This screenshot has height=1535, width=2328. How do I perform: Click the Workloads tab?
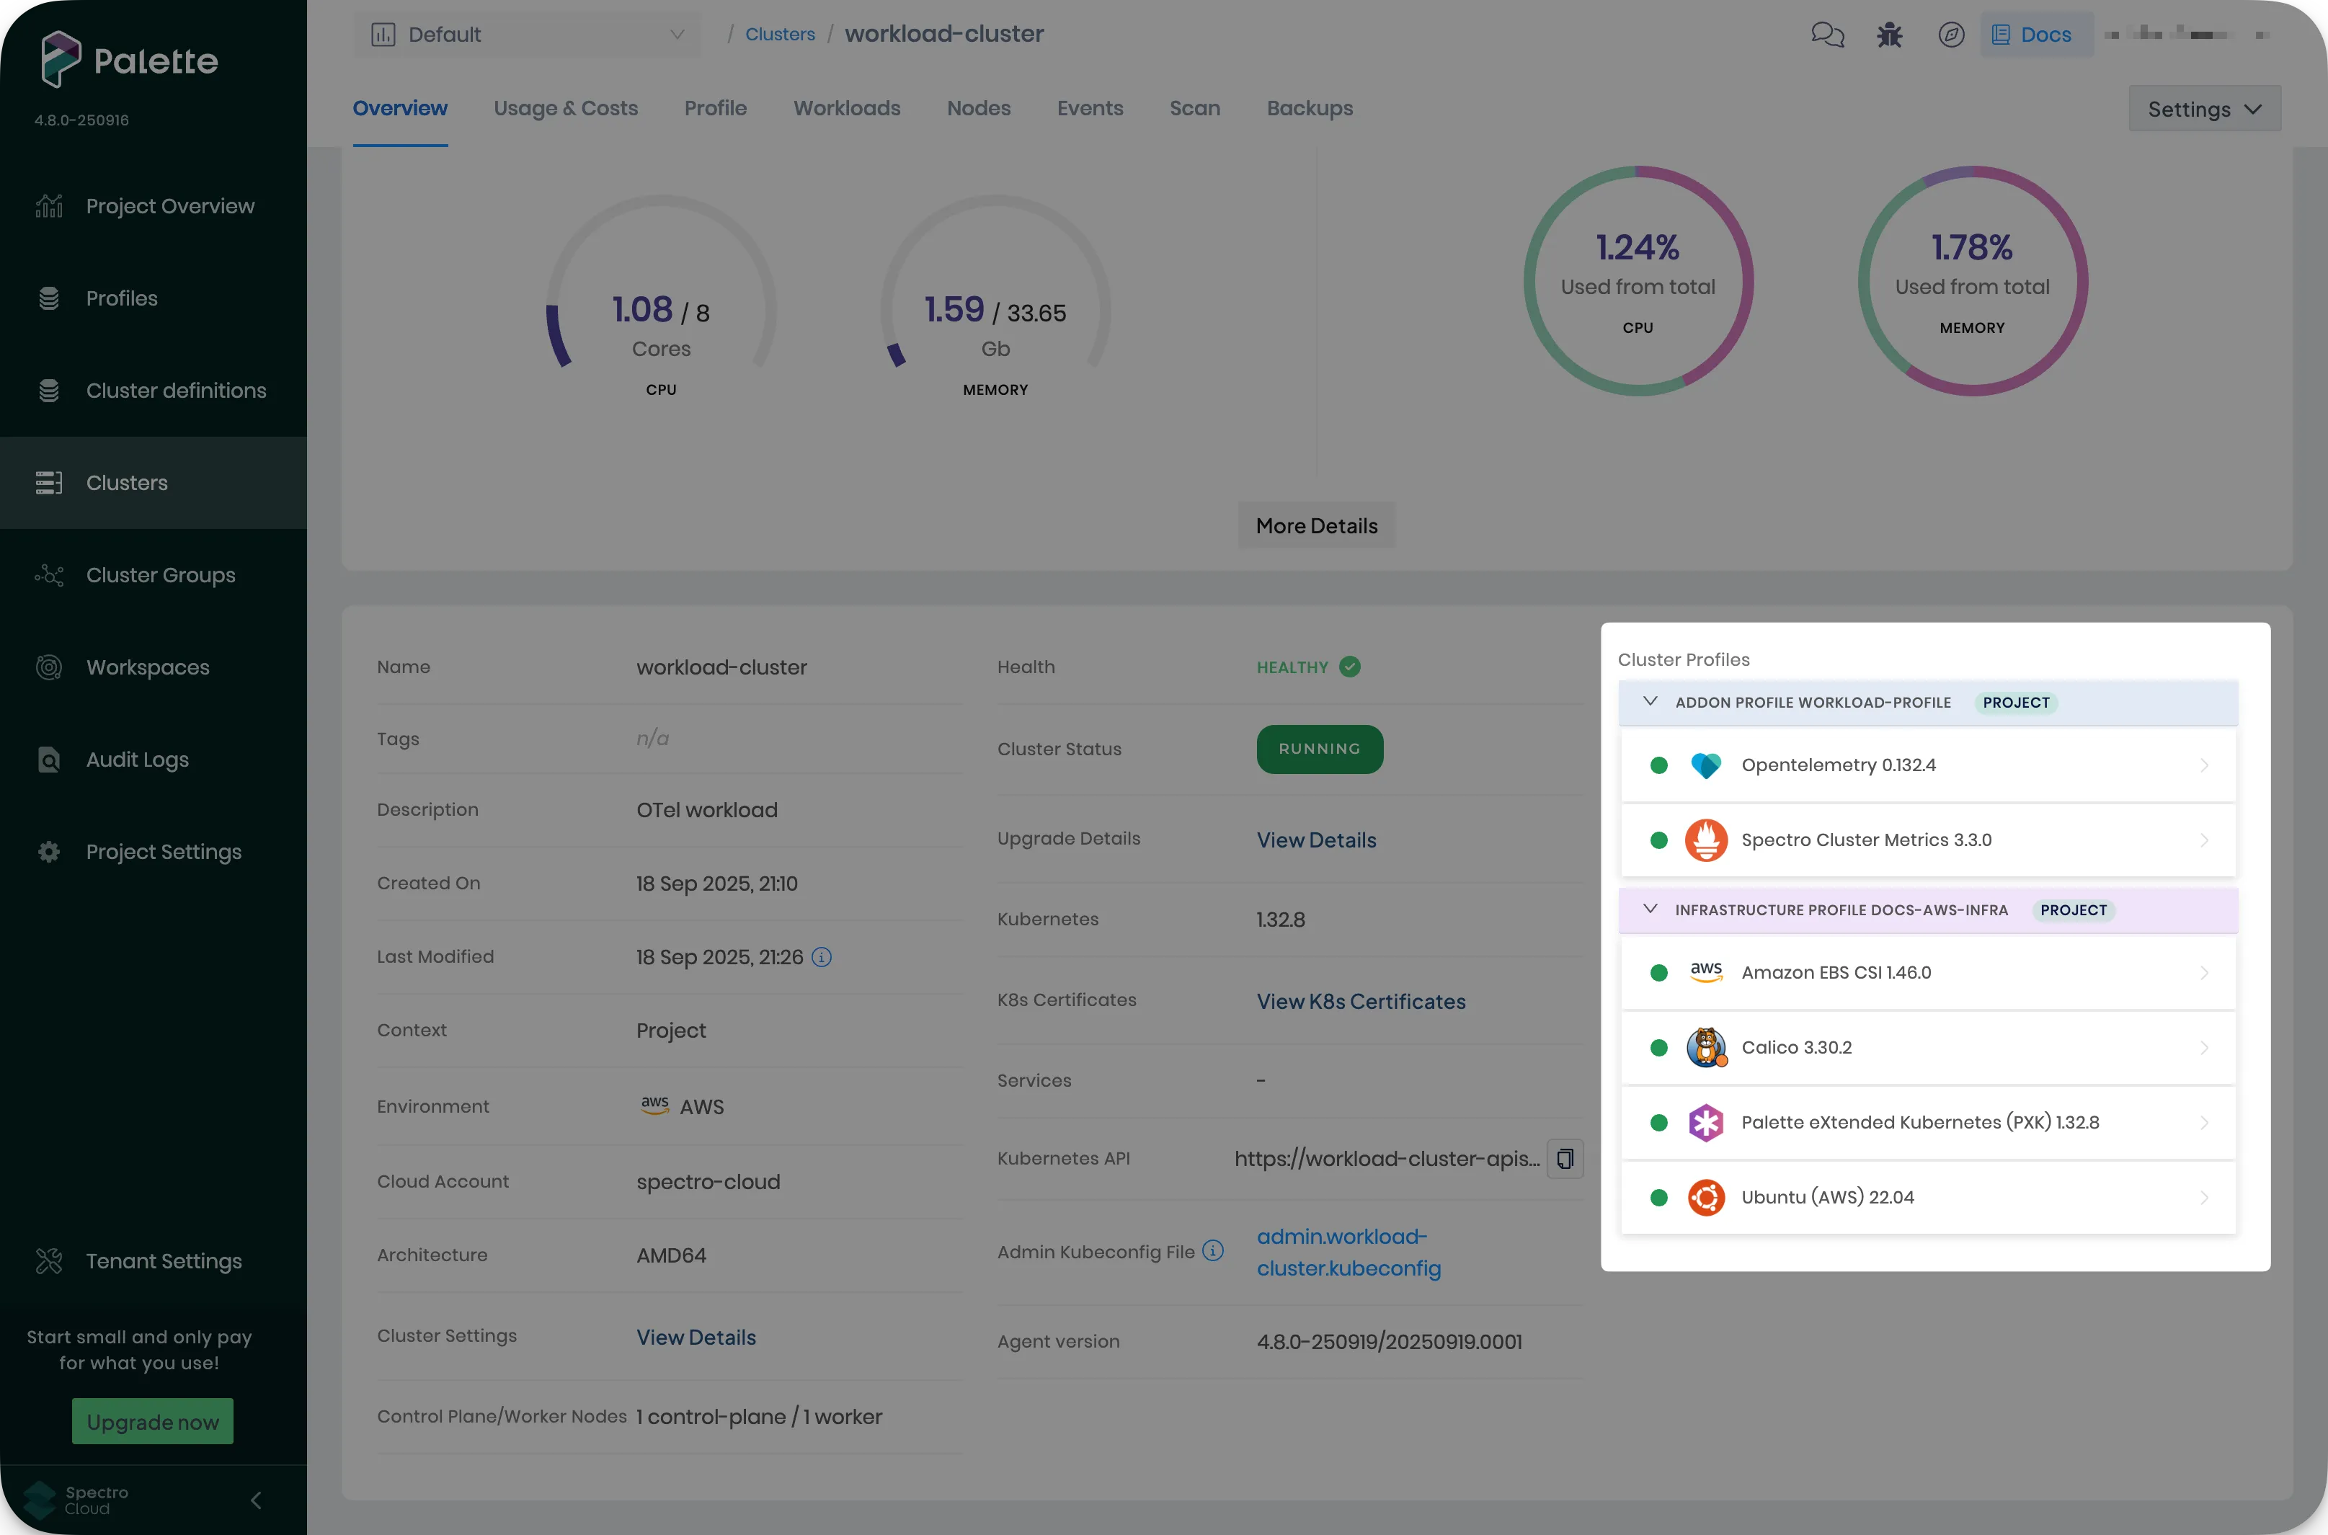pyautogui.click(x=847, y=109)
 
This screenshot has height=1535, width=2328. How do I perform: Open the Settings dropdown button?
pyautogui.click(x=2203, y=109)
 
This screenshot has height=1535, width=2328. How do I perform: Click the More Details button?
pyautogui.click(x=1316, y=525)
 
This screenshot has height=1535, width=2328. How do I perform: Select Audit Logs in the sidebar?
pyautogui.click(x=137, y=760)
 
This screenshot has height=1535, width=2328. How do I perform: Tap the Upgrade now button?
pyautogui.click(x=153, y=1421)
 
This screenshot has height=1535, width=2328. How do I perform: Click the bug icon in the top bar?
pyautogui.click(x=1888, y=35)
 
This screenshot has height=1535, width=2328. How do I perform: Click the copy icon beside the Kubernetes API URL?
pyautogui.click(x=1565, y=1159)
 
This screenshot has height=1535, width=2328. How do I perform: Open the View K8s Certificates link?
pyautogui.click(x=1361, y=1002)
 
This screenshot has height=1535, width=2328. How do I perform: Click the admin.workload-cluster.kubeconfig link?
pyautogui.click(x=1348, y=1252)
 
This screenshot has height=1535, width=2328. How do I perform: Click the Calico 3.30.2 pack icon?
pyautogui.click(x=1705, y=1048)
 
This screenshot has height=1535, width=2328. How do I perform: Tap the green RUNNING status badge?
pyautogui.click(x=1319, y=749)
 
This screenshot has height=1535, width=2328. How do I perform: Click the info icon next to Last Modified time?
pyautogui.click(x=822, y=958)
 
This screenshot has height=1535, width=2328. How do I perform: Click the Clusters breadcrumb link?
pyautogui.click(x=779, y=35)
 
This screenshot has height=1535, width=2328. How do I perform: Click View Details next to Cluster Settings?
pyautogui.click(x=696, y=1338)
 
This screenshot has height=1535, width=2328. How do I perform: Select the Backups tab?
pyautogui.click(x=1309, y=109)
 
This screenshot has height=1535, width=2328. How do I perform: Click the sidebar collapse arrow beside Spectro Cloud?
pyautogui.click(x=256, y=1500)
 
